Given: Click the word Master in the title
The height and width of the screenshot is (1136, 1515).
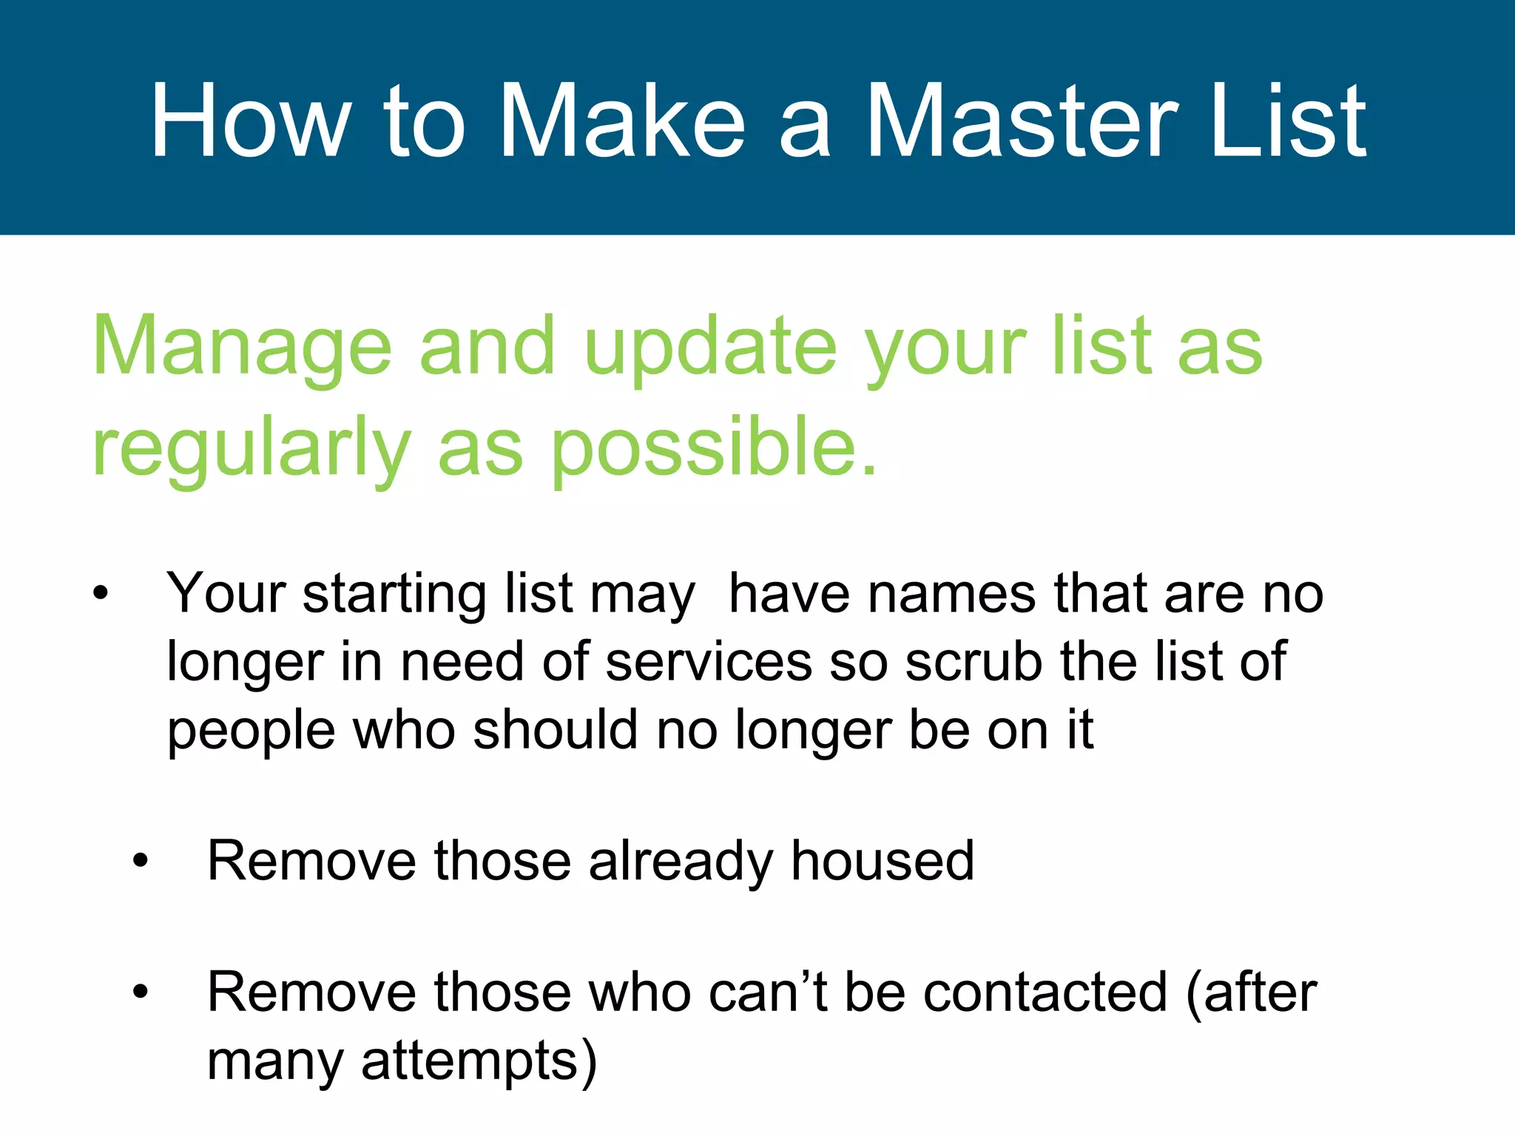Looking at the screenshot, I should pos(1020,122).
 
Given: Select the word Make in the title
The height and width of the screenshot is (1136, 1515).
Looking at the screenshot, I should pos(621,122).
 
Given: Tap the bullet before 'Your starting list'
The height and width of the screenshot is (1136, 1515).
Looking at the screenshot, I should pos(101,594).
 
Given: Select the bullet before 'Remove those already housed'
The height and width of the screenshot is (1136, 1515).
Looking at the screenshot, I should pos(141,862).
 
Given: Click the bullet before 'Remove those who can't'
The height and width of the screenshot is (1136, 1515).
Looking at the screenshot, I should pos(141,993).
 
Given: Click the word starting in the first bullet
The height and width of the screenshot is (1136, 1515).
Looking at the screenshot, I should pos(394,594).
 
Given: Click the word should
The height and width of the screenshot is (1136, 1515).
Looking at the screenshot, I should pos(555,731).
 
